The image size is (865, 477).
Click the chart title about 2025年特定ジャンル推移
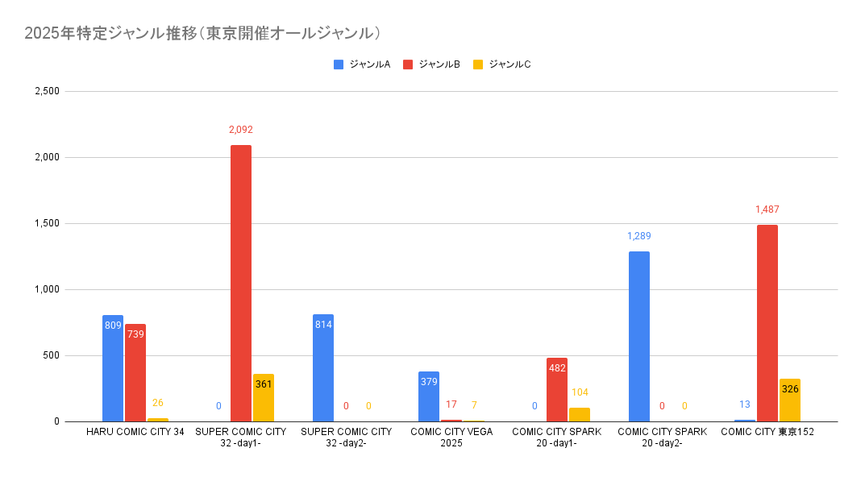202,33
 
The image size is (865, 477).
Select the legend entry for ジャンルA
362,64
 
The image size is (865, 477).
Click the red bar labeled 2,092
241,282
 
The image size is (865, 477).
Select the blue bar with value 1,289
639,336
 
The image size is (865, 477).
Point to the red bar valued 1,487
767,322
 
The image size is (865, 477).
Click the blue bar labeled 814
323,367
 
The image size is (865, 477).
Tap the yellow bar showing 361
264,397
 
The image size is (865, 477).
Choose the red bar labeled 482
557,389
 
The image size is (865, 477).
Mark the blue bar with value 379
429,396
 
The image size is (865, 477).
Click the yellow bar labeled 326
790,400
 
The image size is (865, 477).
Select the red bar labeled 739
135,372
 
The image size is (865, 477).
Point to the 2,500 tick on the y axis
48,91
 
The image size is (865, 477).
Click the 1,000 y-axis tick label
48,289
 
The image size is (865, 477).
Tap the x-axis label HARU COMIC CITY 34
135,432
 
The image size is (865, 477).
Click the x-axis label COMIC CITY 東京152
767,432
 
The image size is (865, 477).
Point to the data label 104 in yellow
580,392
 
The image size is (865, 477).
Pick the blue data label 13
745,404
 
